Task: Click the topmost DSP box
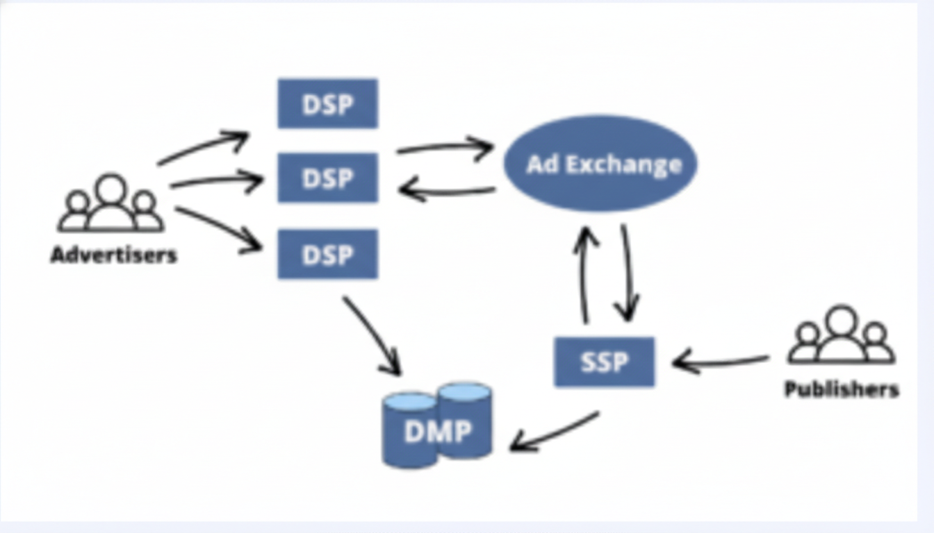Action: [327, 103]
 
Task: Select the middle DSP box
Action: [327, 178]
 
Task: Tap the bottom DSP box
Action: [327, 254]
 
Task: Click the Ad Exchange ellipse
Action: [600, 164]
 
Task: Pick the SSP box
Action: [604, 362]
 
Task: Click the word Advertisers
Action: [114, 255]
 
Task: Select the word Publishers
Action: [842, 389]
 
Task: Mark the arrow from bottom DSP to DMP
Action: [372, 335]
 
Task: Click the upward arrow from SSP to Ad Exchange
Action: [585, 274]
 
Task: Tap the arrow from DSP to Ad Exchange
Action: [445, 147]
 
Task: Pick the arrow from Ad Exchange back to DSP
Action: [448, 190]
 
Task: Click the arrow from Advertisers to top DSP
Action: [202, 147]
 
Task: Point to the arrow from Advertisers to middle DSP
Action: [215, 182]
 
